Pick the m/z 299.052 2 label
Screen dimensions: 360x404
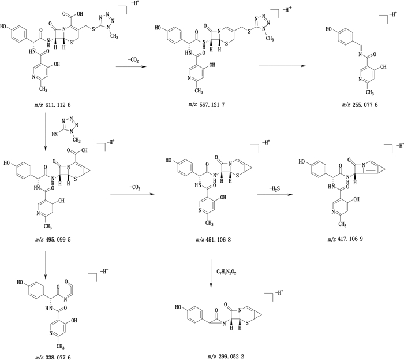[210, 357]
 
